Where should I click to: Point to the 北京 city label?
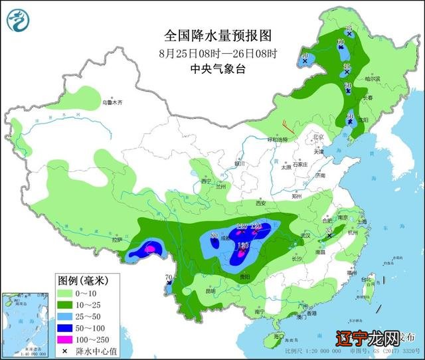(x=317, y=137)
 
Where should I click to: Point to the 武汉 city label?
(x=305, y=236)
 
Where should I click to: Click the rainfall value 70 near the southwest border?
(x=168, y=277)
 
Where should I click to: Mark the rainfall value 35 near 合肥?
(x=329, y=230)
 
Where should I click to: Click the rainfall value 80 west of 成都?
(x=214, y=235)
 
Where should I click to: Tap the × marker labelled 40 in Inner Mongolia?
(x=305, y=61)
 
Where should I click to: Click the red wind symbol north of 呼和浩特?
(x=285, y=124)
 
